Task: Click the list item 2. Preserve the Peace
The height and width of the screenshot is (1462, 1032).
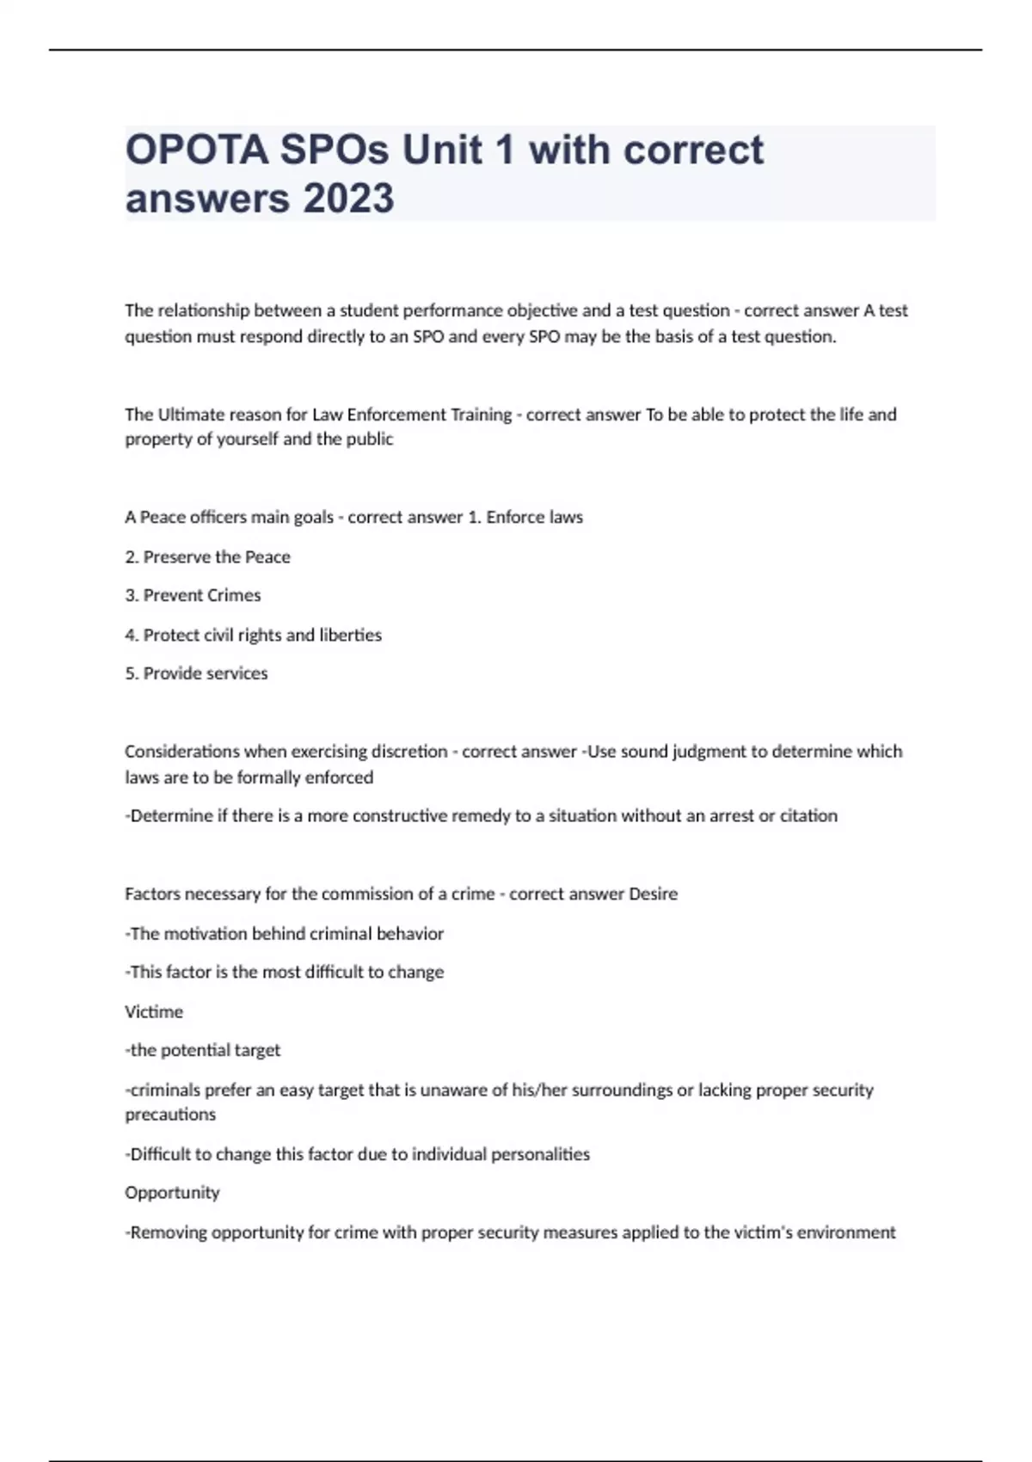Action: coord(207,556)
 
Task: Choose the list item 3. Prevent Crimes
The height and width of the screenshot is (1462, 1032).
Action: coord(193,595)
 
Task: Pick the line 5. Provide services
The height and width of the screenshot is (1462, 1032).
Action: coord(196,673)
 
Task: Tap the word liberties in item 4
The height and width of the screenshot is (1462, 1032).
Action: coord(350,635)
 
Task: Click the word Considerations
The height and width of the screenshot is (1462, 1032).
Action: coord(181,752)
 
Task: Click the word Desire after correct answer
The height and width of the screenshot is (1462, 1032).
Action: coord(653,894)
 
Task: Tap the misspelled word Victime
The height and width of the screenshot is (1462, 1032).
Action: coord(154,1011)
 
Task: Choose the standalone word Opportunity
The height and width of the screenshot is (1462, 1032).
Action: coord(172,1193)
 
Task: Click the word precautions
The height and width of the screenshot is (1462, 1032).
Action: coord(170,1115)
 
